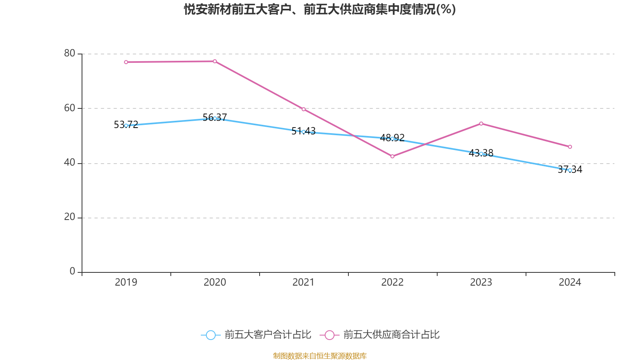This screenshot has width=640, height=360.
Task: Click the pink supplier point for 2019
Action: (x=126, y=62)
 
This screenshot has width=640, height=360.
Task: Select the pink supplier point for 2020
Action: (x=215, y=61)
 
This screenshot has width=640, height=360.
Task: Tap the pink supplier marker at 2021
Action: (x=304, y=109)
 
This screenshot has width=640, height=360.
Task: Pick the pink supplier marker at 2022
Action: (x=392, y=156)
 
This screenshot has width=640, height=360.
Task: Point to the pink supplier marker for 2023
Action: (x=481, y=124)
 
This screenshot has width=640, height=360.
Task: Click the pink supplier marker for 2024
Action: (x=570, y=147)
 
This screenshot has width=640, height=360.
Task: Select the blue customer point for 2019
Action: (x=126, y=126)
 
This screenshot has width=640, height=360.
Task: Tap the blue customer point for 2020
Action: (x=215, y=118)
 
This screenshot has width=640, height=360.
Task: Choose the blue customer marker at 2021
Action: (x=304, y=132)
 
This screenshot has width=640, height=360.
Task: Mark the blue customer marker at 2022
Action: (x=392, y=139)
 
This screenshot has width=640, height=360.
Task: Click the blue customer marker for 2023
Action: (x=481, y=154)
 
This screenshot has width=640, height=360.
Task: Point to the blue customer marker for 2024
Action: (x=570, y=170)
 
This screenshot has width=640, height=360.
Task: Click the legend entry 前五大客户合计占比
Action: (x=256, y=335)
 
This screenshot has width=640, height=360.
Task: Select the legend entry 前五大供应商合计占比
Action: (x=380, y=335)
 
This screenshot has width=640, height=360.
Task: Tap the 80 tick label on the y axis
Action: (x=70, y=53)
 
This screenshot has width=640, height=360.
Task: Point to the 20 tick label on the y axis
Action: (x=70, y=217)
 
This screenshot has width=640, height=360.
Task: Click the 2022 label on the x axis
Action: (x=392, y=282)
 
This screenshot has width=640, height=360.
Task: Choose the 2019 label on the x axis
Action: (x=126, y=282)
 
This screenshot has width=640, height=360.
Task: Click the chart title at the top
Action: (x=320, y=9)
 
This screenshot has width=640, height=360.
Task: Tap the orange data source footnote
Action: (x=320, y=356)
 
